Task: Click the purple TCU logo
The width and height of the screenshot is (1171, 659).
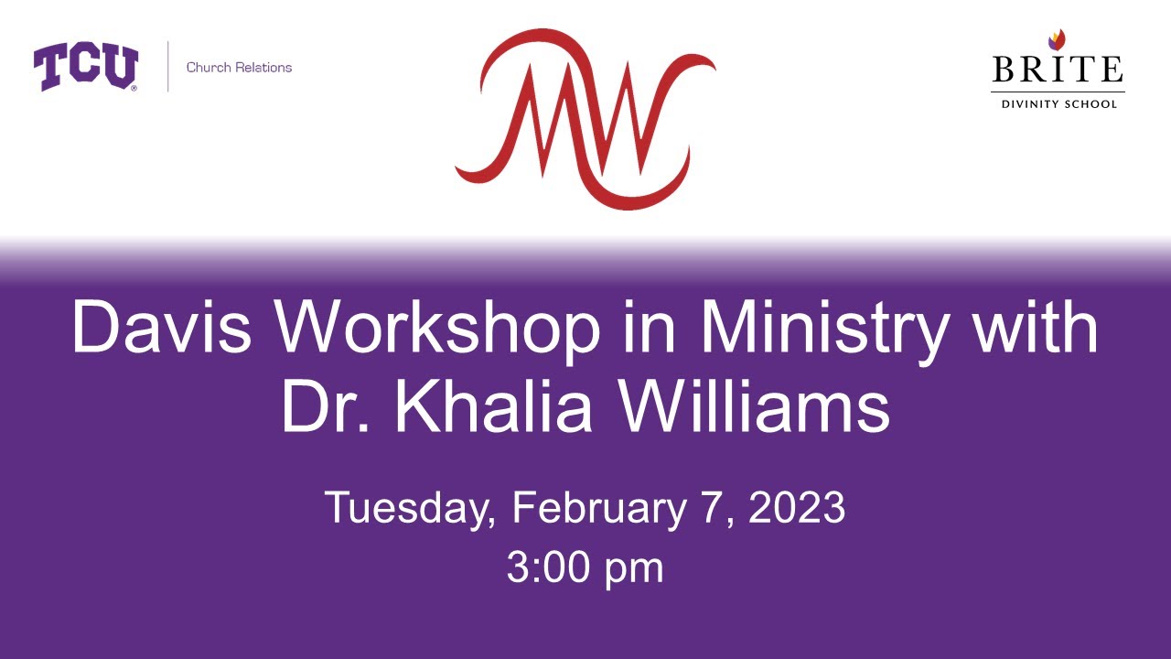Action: pos(86,68)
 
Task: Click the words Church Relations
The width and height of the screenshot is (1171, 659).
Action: pos(239,68)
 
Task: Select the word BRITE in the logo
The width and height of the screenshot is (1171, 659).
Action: pos(1058,70)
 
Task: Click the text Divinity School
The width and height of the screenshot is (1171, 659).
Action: pos(1058,104)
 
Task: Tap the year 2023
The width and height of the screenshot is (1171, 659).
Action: pos(797,508)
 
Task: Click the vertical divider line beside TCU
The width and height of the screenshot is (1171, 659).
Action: pos(168,67)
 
